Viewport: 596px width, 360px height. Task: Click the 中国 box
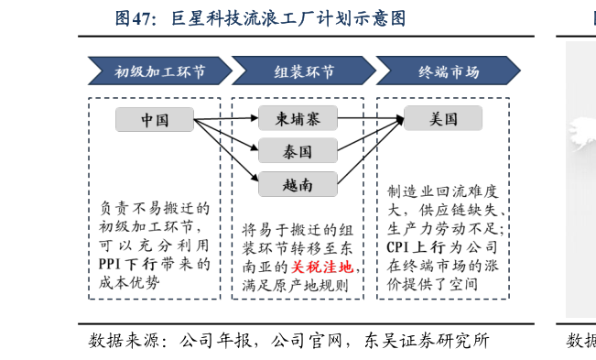[154, 120]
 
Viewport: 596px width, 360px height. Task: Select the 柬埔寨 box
[298, 118]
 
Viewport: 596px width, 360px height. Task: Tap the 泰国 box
[298, 151]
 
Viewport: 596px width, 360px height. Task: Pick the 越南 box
[298, 184]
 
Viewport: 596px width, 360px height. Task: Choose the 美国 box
[443, 118]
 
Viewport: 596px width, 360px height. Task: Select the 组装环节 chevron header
[303, 71]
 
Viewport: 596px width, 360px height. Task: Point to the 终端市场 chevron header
[448, 71]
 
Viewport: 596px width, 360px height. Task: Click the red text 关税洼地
[321, 267]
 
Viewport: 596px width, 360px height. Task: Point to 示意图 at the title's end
[380, 18]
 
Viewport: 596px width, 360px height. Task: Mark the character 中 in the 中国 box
[146, 120]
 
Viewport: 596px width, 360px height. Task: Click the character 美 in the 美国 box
[436, 118]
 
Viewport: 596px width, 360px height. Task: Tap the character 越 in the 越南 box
[289, 184]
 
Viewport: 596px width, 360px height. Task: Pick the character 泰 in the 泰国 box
[289, 151]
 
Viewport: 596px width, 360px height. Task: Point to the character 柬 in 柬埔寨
[282, 118]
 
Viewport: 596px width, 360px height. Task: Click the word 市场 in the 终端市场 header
[463, 71]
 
